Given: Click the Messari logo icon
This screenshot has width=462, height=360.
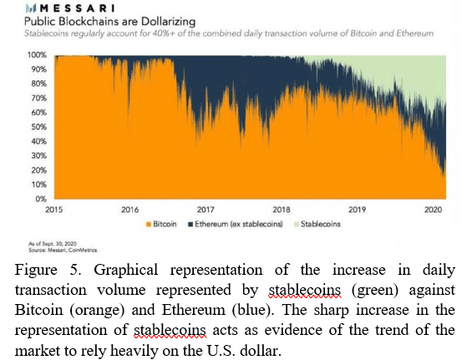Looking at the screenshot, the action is tap(31, 8).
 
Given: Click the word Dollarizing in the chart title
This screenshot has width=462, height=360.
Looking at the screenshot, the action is tap(168, 22).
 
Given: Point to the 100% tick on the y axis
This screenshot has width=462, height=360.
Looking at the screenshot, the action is tap(37, 55).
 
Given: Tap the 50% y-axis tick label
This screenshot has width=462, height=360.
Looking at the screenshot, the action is tap(39, 127).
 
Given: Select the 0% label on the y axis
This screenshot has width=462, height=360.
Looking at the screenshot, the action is tap(41, 199).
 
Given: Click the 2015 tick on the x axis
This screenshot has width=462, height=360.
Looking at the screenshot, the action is tap(54, 210).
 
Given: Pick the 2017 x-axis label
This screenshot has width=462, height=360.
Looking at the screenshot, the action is tap(206, 210).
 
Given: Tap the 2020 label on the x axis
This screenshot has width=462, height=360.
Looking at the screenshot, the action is tap(433, 210).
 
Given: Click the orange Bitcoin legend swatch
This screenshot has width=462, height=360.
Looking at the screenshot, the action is tap(149, 225).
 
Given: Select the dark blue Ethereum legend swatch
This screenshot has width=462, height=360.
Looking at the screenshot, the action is tap(190, 225).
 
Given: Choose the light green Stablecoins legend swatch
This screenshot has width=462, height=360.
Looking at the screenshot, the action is tap(297, 225).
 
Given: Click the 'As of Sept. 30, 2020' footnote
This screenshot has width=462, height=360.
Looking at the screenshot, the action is tap(53, 244).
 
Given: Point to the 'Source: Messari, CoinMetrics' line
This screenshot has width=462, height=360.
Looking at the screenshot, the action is tap(63, 250).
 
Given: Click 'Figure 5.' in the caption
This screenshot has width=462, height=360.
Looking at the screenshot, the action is tap(48, 270).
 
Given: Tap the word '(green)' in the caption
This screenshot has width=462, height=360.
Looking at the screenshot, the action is tap(375, 290).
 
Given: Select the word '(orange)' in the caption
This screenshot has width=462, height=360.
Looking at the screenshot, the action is tap(97, 310).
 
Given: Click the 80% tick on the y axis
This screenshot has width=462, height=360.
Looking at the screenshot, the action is tap(39, 84).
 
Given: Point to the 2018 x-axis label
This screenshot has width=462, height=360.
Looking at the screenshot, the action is tap(282, 210).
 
